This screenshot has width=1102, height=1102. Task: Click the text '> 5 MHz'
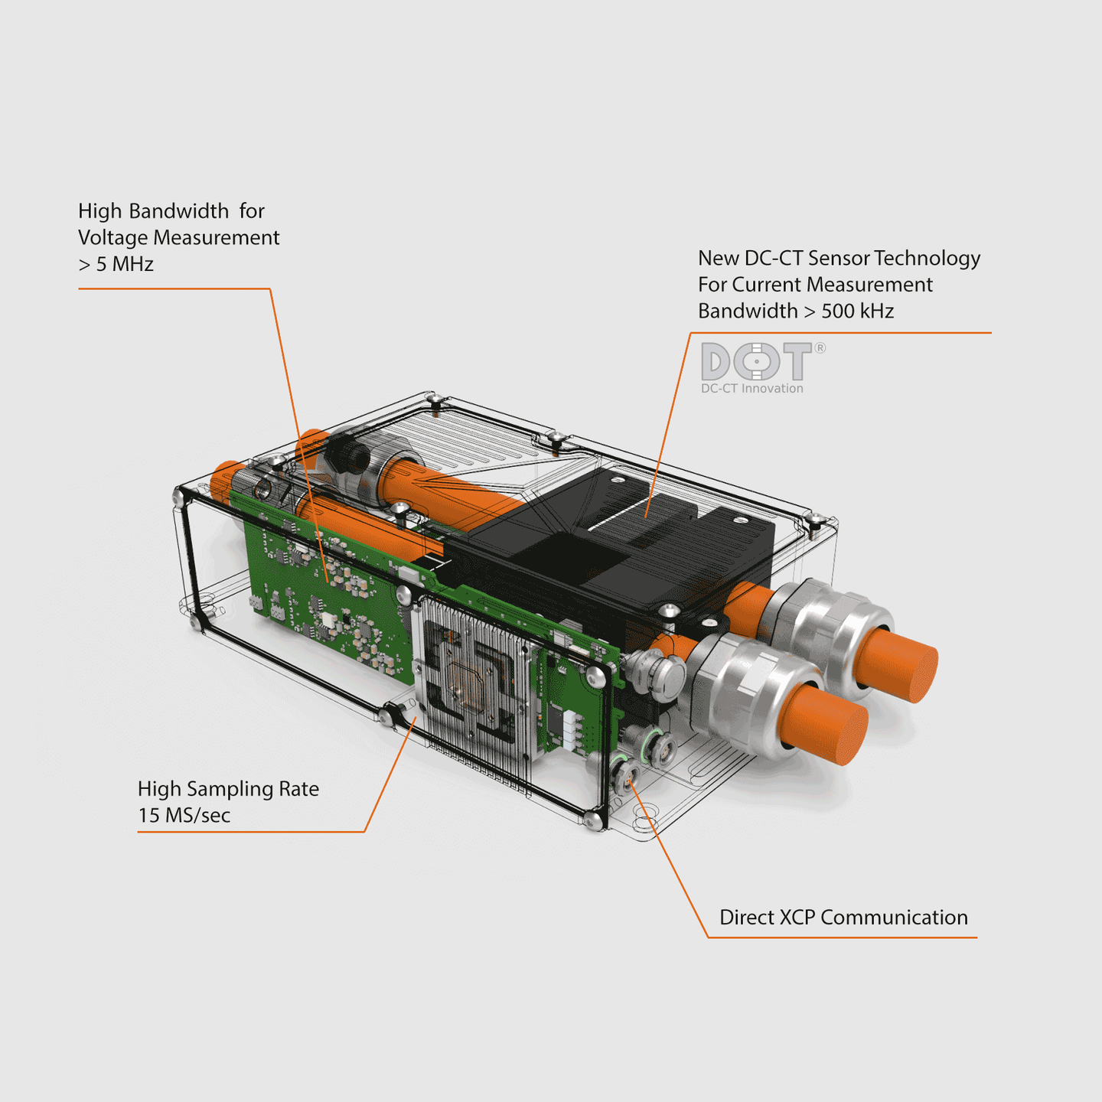tap(116, 264)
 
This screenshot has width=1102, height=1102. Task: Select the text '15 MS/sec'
tap(184, 815)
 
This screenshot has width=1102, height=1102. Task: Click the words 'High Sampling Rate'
tap(228, 789)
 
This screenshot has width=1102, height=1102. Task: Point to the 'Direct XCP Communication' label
tap(843, 918)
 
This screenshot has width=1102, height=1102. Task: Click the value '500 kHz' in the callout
tap(857, 311)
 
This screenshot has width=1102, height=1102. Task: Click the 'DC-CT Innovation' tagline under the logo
tap(752, 389)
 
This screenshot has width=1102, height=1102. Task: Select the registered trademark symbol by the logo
tap(820, 348)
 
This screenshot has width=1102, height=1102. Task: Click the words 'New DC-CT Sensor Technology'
tap(839, 259)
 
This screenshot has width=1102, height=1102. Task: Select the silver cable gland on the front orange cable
tap(754, 693)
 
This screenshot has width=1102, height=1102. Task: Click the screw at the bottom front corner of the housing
tap(594, 820)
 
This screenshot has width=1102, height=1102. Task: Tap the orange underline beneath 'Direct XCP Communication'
tap(842, 937)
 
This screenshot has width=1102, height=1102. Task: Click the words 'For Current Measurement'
tap(815, 285)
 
